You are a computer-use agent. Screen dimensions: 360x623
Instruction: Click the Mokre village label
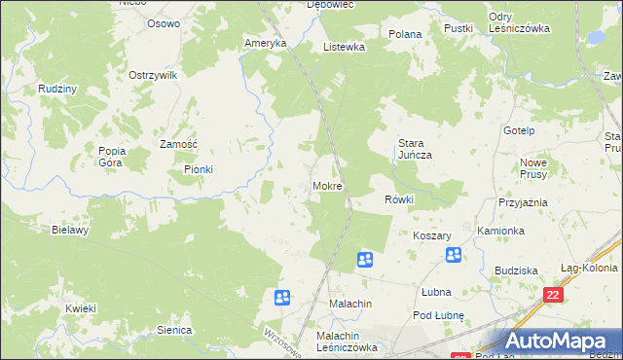pyautogui.click(x=326, y=185)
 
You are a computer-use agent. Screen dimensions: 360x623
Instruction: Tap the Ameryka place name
pyautogui.click(x=266, y=44)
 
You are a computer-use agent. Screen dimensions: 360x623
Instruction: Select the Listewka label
pyautogui.click(x=344, y=47)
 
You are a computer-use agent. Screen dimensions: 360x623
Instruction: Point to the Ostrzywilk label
pyautogui.click(x=153, y=75)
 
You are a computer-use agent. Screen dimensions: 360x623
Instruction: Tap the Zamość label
pyautogui.click(x=179, y=144)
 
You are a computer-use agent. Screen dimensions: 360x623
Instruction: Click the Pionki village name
pyautogui.click(x=198, y=169)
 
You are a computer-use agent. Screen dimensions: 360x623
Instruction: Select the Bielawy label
pyautogui.click(x=70, y=231)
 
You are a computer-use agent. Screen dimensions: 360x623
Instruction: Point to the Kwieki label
pyautogui.click(x=81, y=308)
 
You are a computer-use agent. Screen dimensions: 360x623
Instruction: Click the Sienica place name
pyautogui.click(x=174, y=330)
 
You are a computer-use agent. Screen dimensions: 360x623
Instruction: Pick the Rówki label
pyautogui.click(x=399, y=199)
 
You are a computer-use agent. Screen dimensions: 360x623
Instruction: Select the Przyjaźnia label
pyautogui.click(x=523, y=202)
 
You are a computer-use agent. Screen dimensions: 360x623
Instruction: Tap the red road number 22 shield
pyautogui.click(x=554, y=295)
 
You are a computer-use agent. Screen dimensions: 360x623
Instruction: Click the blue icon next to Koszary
pyautogui.click(x=454, y=255)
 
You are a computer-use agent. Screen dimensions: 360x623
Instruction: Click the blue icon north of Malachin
pyautogui.click(x=364, y=259)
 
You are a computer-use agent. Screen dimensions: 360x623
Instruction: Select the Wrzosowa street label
pyautogui.click(x=276, y=340)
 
